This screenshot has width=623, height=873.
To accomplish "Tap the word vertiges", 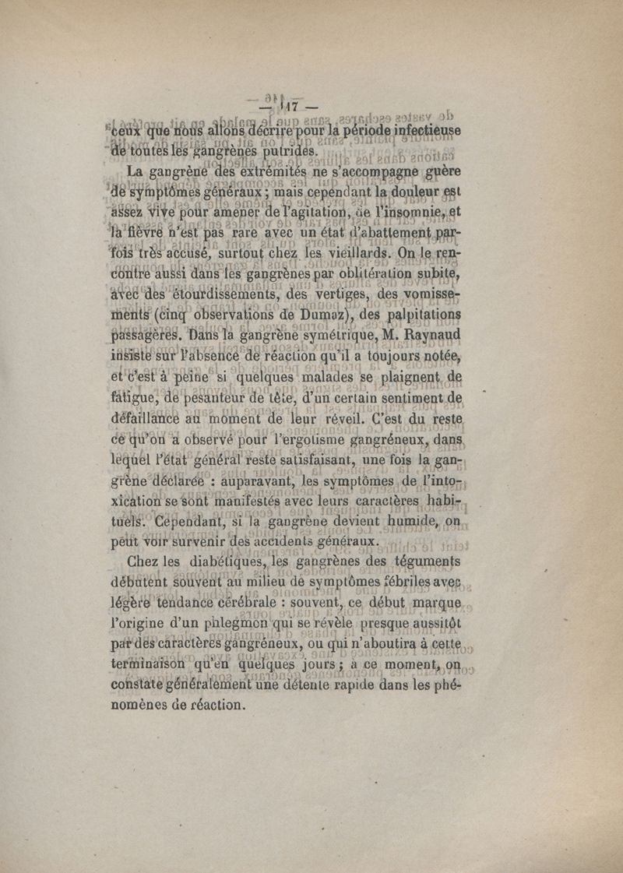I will [x=319, y=297].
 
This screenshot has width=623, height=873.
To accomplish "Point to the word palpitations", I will [x=423, y=317].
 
